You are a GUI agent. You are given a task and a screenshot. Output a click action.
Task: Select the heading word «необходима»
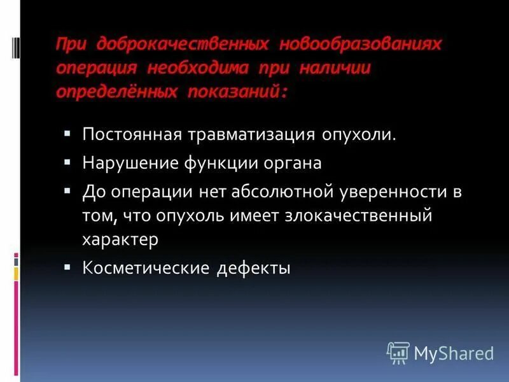click(202, 69)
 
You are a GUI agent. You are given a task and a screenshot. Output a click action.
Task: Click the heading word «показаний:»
click(238, 92)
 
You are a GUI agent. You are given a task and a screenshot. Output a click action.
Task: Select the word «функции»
click(208, 163)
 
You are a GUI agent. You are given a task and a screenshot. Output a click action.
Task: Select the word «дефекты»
click(253, 268)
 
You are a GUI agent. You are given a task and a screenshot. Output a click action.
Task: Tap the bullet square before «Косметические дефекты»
click(67, 267)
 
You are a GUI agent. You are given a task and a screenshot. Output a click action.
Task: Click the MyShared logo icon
click(398, 352)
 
